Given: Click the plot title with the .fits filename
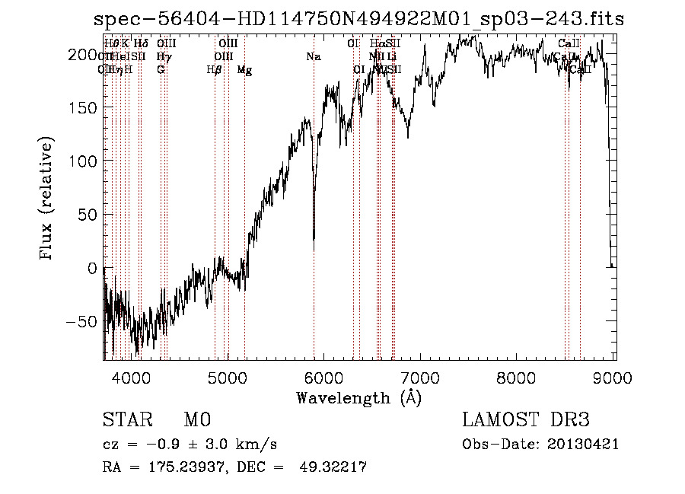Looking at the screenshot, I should pos(358,20).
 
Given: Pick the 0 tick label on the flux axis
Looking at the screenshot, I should pos(93,269).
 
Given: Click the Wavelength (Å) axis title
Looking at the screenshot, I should pos(358,397).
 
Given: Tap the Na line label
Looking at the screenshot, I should pos(313,56).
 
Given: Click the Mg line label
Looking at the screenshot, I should pos(244,70).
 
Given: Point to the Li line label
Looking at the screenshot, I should pos(391,56).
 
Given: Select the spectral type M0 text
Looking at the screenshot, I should pos(196,420).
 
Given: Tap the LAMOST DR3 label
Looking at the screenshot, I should pos(525,420).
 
